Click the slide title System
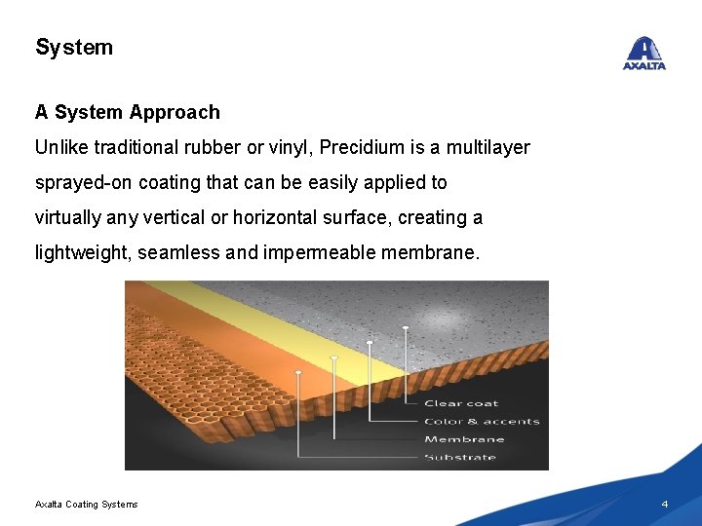pos(74,47)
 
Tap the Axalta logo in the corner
pos(643,54)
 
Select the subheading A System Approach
pos(128,112)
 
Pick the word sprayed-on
pos(83,183)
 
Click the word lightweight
pos(82,253)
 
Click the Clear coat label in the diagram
pos(461,403)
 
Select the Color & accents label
pos(482,422)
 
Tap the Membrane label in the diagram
pos(464,439)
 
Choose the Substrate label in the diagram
pos(460,458)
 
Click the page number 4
pos(664,504)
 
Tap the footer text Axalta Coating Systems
pos(87,504)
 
